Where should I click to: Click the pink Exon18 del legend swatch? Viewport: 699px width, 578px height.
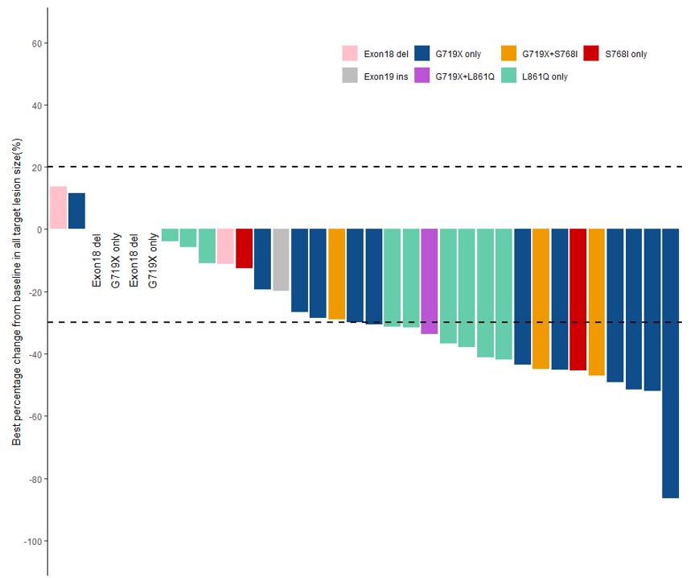350,54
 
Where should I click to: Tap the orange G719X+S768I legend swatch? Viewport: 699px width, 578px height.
508,54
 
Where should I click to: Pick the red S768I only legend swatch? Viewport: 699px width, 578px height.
590,54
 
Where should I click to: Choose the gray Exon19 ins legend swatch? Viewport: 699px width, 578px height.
350,76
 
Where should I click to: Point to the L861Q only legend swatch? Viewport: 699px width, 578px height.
508,76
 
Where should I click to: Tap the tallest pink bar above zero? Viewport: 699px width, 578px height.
58,208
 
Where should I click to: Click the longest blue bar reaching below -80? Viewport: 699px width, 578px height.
670,362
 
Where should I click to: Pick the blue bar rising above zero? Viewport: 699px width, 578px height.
76,211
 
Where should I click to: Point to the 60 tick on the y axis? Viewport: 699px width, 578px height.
37,43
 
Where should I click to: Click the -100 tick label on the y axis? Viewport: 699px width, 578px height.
33,542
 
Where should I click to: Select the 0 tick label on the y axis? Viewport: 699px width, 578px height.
39,229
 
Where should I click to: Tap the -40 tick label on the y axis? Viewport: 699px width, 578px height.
35,355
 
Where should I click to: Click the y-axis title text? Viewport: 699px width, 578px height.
17,291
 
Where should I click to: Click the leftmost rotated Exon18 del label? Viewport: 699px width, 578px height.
97,260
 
